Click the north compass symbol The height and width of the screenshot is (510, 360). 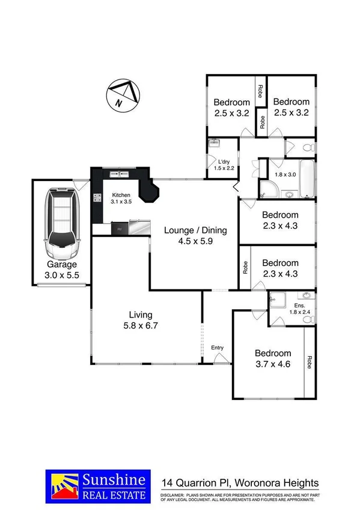click(x=123, y=95)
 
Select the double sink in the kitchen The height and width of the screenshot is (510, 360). click(x=118, y=174)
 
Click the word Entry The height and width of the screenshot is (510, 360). click(x=218, y=348)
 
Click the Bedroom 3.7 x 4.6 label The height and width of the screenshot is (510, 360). click(x=273, y=358)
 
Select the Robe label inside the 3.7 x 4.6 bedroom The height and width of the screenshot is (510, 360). click(x=310, y=363)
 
